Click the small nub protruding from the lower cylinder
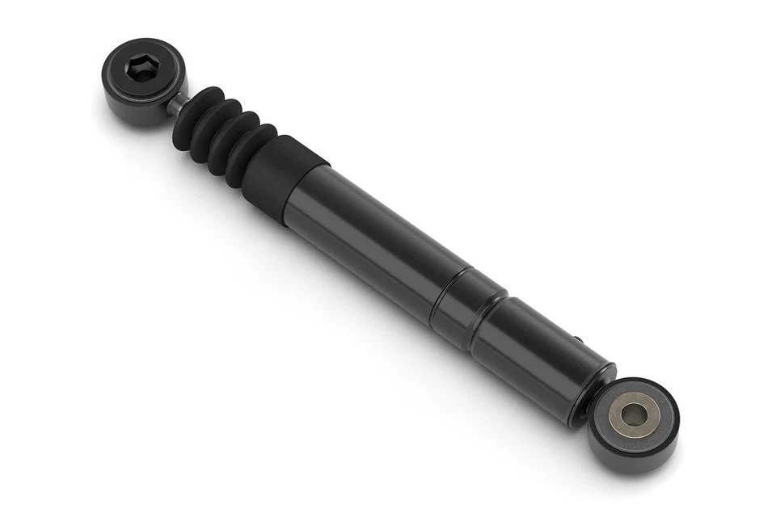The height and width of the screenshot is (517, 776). click(576, 340)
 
